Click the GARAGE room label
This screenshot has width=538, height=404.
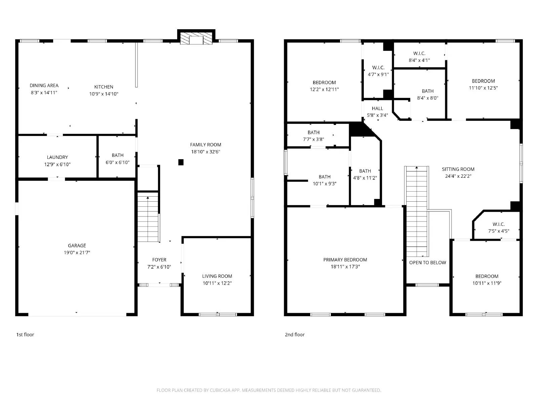(x=77, y=245)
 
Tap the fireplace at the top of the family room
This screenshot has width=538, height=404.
(x=196, y=37)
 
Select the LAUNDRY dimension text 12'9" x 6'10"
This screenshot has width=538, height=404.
(x=57, y=164)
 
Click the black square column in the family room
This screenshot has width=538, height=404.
(x=181, y=162)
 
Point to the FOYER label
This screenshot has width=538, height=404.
(x=159, y=260)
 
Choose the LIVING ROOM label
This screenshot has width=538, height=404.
(x=217, y=276)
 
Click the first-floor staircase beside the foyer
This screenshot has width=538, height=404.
(x=148, y=217)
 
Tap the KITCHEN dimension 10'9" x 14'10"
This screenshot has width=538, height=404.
(x=104, y=94)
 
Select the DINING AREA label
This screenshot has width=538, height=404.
(x=44, y=86)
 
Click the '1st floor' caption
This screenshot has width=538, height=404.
(x=25, y=335)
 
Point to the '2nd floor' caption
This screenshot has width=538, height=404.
(x=295, y=335)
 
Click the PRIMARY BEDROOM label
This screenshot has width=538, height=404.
(x=345, y=260)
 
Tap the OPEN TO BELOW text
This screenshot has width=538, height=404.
(x=428, y=263)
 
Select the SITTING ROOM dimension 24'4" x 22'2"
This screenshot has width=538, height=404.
(x=458, y=176)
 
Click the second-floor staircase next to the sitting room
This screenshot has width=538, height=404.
(x=417, y=211)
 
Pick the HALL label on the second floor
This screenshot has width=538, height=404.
(x=378, y=108)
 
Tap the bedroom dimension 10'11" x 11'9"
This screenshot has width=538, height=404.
(x=487, y=283)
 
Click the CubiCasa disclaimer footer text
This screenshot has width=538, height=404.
(x=269, y=390)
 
